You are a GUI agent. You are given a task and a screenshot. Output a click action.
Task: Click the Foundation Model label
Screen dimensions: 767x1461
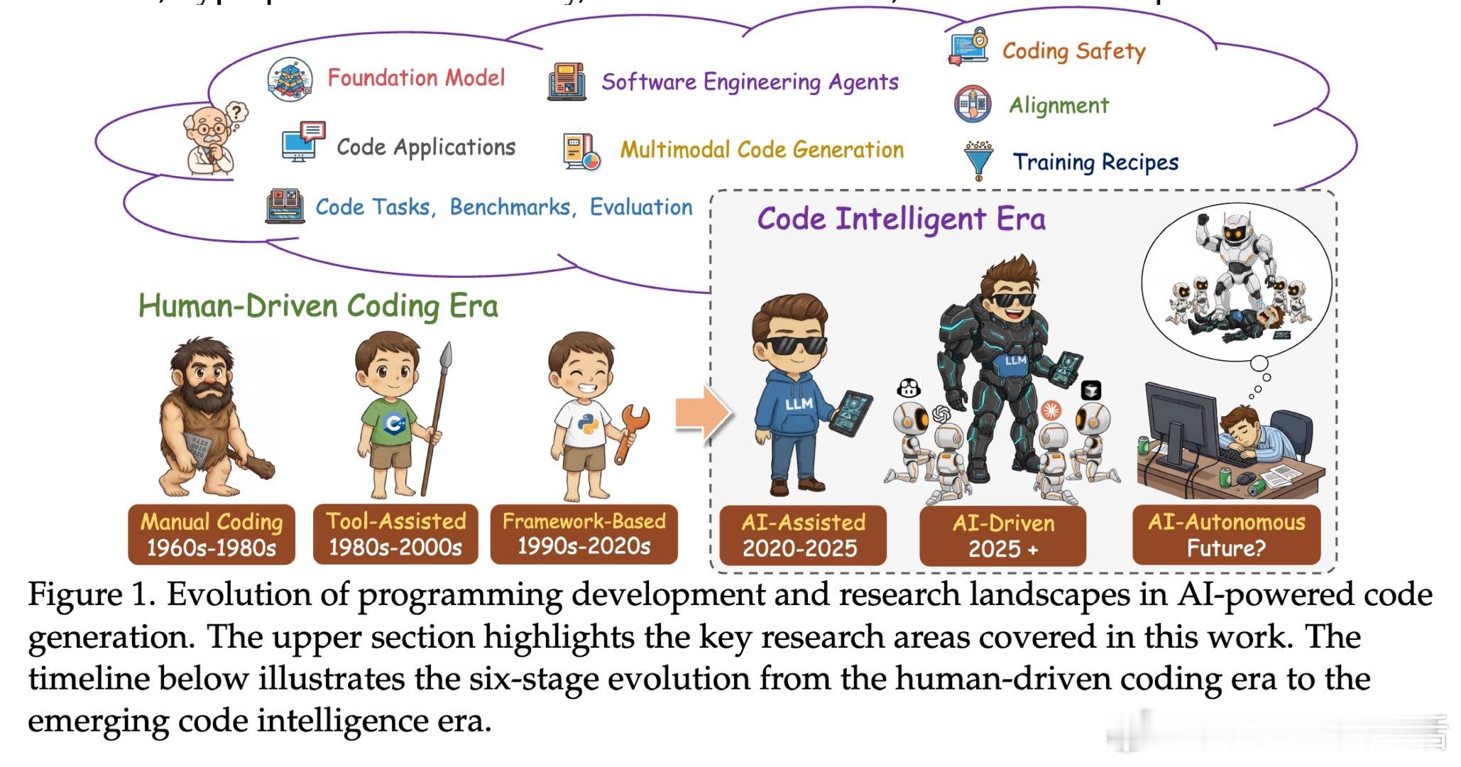(416, 77)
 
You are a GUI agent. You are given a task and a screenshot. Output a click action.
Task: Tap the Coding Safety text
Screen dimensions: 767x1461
(1073, 50)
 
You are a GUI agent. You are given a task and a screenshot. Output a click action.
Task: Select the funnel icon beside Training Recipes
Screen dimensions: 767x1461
(978, 161)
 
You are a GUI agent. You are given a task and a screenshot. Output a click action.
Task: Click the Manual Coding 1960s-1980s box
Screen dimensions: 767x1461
(212, 534)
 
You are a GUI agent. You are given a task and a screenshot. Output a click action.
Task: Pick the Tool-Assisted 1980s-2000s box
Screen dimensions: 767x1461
(395, 534)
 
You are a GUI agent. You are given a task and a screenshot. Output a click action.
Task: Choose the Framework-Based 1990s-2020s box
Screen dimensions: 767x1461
(584, 533)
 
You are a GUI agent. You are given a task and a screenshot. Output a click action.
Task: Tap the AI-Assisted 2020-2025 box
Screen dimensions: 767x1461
(803, 535)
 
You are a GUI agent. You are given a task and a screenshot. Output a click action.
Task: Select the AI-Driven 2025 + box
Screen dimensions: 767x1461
(1002, 535)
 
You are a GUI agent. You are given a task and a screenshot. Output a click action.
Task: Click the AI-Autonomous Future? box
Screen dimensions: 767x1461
(1226, 535)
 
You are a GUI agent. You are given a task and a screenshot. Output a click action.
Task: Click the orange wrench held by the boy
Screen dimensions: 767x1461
(630, 430)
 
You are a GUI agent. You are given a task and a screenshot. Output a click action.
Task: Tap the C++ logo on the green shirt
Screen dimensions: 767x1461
(393, 424)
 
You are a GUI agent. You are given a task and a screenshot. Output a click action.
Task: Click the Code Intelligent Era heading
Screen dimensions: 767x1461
(901, 219)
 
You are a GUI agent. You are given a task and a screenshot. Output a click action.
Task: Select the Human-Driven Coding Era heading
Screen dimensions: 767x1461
(318, 306)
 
